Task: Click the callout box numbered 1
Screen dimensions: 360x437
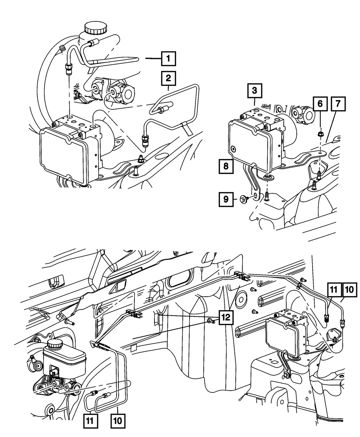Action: [168, 59]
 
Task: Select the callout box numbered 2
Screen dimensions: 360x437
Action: [168, 78]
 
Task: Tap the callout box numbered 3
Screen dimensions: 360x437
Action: [255, 91]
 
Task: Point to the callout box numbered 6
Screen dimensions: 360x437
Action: [320, 104]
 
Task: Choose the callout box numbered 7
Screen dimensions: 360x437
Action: [338, 104]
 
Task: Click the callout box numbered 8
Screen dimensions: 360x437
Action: [226, 166]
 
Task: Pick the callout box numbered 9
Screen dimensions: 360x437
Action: [226, 199]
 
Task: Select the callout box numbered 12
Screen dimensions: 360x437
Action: [226, 317]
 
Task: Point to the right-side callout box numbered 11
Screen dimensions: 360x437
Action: [333, 290]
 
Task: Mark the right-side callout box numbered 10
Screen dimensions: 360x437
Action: [350, 290]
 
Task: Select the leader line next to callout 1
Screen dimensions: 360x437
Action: [153, 59]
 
